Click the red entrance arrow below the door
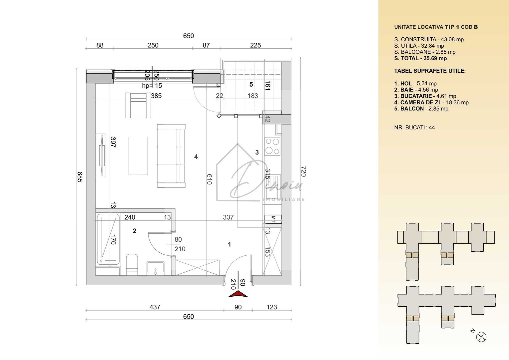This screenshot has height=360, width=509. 238,294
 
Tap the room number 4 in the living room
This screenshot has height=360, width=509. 196,157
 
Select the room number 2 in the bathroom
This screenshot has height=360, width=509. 134,231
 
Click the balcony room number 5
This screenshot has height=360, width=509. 251,85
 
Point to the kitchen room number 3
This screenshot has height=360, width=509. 257,152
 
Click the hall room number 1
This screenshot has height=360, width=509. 229,245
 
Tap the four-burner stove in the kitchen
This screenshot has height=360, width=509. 272,146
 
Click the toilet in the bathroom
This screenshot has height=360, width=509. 132,264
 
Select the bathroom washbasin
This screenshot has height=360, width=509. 155,268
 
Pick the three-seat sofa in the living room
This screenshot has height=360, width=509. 171,156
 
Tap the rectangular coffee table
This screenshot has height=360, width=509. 138,156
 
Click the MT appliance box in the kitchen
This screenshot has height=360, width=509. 272,219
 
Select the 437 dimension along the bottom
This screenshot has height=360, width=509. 155,307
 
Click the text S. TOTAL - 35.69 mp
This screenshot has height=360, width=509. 420,58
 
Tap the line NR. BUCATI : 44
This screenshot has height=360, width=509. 414,127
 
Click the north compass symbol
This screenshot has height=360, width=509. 481,337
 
